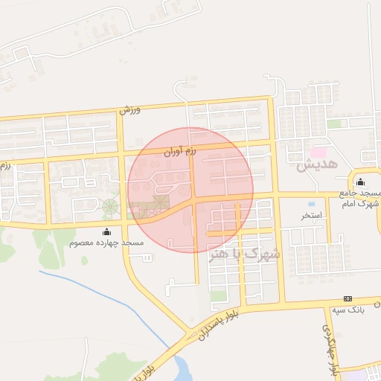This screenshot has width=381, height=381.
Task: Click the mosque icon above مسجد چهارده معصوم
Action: (x=106, y=232)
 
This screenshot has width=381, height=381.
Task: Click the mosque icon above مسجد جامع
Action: (x=361, y=183)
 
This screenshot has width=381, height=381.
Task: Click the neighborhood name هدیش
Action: (x=317, y=164)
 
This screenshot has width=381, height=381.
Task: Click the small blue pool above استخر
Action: (x=311, y=204)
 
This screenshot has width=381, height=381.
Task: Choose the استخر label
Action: (x=311, y=216)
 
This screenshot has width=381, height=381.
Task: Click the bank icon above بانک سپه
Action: (x=348, y=298)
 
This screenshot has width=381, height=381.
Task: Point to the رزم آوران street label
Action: (x=179, y=151)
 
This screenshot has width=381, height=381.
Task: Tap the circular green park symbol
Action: (x=110, y=206)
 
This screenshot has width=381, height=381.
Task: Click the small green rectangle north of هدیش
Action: (x=335, y=124)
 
